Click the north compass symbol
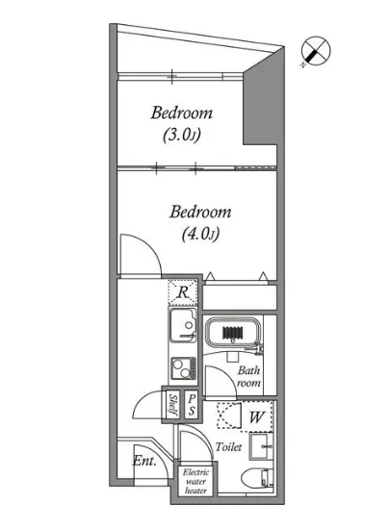click(x=316, y=51)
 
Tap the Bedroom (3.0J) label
click(x=182, y=124)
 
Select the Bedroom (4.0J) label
click(x=200, y=223)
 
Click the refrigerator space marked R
click(x=183, y=291)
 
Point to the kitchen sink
click(x=183, y=325)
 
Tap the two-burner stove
click(x=183, y=368)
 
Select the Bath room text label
click(x=248, y=376)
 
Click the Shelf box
click(x=173, y=405)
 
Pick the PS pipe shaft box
click(x=192, y=405)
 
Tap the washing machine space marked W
click(x=256, y=416)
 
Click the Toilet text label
click(x=228, y=446)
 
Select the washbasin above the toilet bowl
click(x=261, y=446)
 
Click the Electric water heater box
click(x=196, y=481)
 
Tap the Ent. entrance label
click(x=144, y=461)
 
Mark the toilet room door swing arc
click(x=203, y=436)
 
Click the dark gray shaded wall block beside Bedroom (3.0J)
click(x=265, y=98)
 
